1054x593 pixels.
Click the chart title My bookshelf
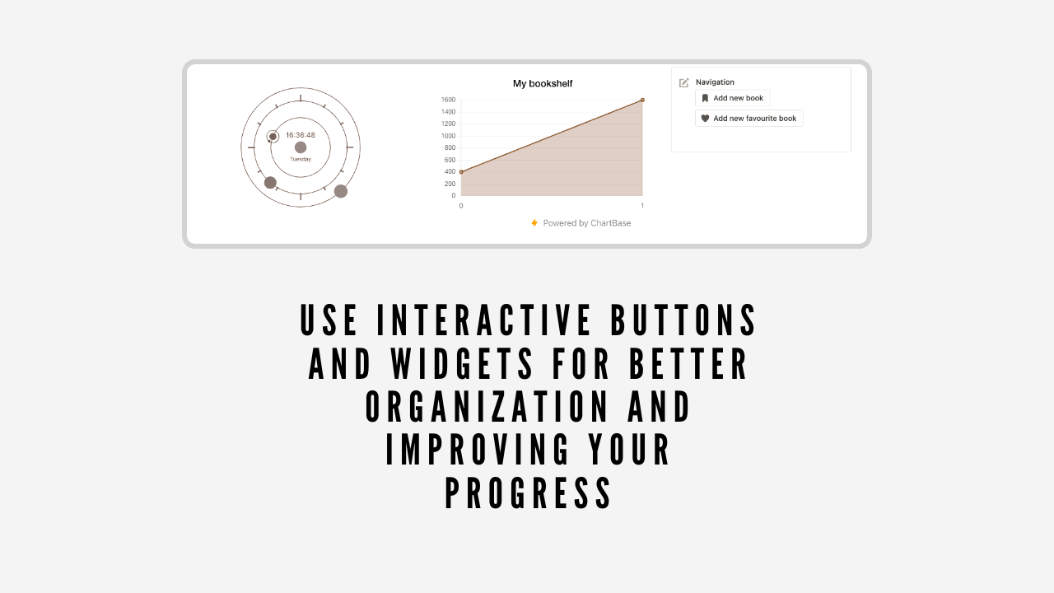pyautogui.click(x=543, y=83)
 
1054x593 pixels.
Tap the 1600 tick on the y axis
pyautogui.click(x=448, y=100)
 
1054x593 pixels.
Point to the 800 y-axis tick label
pyautogui.click(x=449, y=147)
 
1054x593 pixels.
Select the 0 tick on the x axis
pyautogui.click(x=461, y=205)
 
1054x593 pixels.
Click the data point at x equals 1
pyautogui.click(x=642, y=100)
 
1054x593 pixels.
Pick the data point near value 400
pyautogui.click(x=461, y=172)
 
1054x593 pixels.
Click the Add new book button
pyautogui.click(x=733, y=98)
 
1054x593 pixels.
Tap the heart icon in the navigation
pyautogui.click(x=705, y=119)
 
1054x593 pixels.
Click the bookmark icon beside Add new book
pyautogui.click(x=705, y=98)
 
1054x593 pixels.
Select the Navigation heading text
pyautogui.click(x=715, y=82)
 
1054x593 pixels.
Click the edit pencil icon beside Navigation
pyautogui.click(x=684, y=82)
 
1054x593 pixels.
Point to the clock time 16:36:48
pyautogui.click(x=301, y=135)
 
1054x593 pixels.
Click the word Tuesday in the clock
pyautogui.click(x=301, y=159)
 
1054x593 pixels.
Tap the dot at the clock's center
pyautogui.click(x=301, y=147)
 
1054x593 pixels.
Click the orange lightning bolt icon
pyautogui.click(x=534, y=223)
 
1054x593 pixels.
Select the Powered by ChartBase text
pyautogui.click(x=587, y=223)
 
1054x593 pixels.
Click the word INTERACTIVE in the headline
pyautogui.click(x=484, y=320)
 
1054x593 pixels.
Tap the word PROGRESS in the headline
pyautogui.click(x=529, y=493)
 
